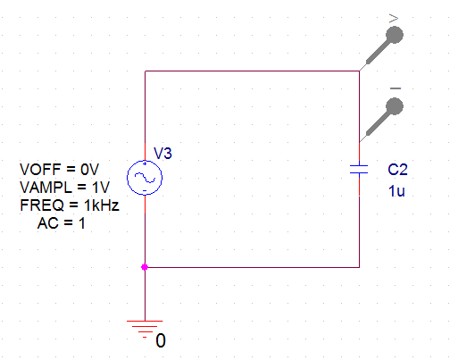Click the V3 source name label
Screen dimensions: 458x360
[162, 154]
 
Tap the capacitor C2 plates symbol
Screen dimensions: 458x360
[359, 169]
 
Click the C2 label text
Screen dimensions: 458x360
[397, 170]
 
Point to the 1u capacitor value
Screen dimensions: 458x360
[396, 191]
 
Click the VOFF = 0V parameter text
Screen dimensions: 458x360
[60, 170]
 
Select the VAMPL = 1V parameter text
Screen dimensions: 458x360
[64, 188]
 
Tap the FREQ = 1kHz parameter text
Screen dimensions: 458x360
[70, 205]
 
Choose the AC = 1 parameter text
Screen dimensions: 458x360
[62, 223]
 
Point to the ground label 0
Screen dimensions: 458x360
[161, 340]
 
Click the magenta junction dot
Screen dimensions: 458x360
[145, 267]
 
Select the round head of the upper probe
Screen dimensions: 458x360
[395, 35]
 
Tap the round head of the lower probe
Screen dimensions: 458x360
[395, 106]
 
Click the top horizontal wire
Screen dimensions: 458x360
[252, 71]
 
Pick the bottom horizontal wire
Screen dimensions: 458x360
[252, 267]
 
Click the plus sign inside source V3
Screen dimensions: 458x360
[145, 163]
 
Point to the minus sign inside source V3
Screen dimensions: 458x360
[145, 190]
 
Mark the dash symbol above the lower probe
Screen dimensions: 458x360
[396, 88]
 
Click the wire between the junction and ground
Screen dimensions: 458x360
[145, 294]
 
